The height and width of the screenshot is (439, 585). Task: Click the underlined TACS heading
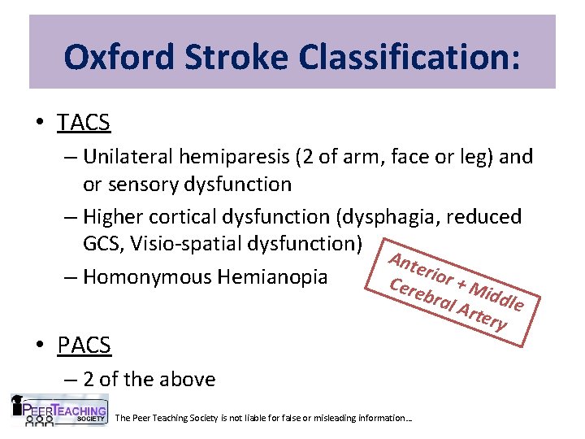tap(84, 123)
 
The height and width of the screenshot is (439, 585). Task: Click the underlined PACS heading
tap(84, 345)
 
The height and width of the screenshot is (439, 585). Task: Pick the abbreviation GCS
tap(105, 244)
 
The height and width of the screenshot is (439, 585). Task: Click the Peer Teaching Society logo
tap(58, 410)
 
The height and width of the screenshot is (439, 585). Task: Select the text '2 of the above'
tap(149, 379)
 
